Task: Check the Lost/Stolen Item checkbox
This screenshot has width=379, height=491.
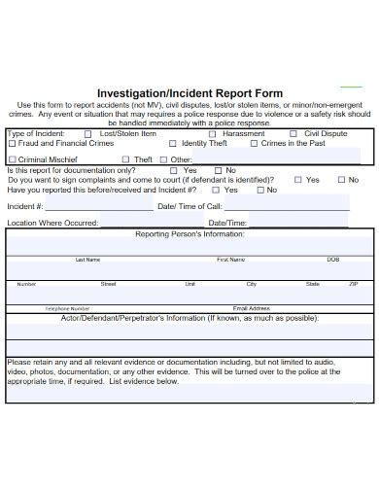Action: [88, 134]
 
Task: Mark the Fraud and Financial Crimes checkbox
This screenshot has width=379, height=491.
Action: [12, 144]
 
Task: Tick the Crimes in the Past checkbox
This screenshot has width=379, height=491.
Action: [254, 144]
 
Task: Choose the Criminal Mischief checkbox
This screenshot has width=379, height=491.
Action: [12, 159]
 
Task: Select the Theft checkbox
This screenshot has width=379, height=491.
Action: [124, 159]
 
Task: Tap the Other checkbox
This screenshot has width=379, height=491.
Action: [163, 159]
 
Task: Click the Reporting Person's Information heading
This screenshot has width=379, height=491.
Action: [189, 234]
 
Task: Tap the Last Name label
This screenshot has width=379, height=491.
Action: [87, 260]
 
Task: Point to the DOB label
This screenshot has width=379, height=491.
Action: [333, 260]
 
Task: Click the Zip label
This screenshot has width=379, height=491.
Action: [354, 284]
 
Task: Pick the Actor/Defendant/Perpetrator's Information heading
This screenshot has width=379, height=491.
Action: [189, 318]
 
